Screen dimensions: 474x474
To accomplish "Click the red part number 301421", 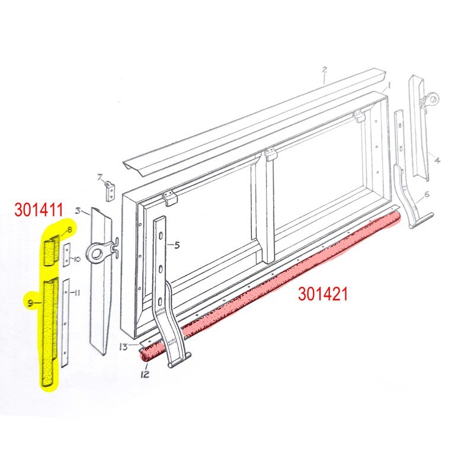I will tap(322, 293).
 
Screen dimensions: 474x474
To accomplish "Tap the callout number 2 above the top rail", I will tap(325, 69).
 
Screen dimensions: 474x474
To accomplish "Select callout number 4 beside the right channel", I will tap(437, 160).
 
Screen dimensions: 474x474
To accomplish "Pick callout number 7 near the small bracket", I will tap(100, 177).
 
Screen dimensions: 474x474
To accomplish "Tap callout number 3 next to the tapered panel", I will tap(77, 211).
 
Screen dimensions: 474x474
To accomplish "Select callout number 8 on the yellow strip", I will tap(69, 229).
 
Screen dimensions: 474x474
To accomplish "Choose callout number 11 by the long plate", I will tap(77, 293).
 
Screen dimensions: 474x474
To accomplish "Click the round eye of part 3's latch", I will tap(95, 253).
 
